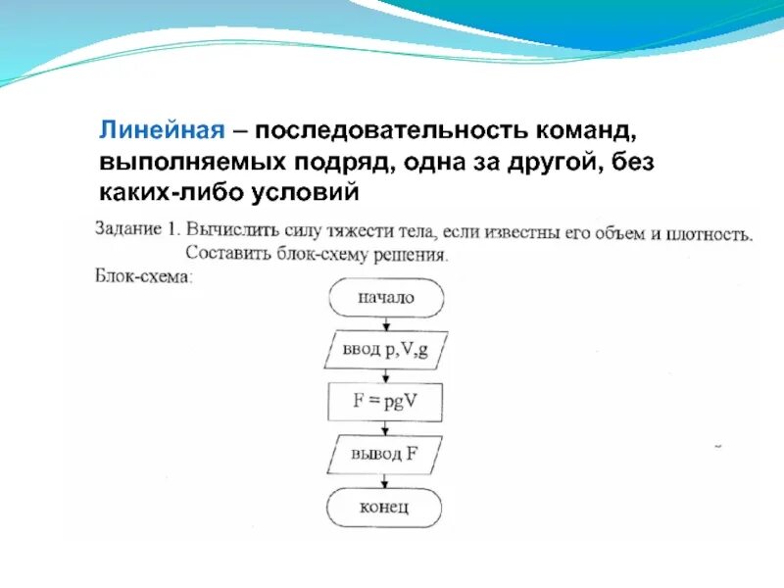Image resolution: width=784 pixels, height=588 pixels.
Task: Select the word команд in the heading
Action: click(x=579, y=130)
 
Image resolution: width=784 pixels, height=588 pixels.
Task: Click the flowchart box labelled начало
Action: click(x=385, y=299)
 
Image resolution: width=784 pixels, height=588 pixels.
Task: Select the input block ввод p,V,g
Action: click(x=385, y=350)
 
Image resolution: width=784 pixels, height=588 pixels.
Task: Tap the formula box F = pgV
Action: click(x=385, y=401)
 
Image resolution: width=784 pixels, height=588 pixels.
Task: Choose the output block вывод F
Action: click(x=385, y=454)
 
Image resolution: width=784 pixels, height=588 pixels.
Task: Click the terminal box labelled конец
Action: click(x=385, y=507)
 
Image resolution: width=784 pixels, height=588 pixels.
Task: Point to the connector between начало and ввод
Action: click(x=385, y=324)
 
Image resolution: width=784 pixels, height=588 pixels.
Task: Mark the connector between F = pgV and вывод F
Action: click(x=385, y=427)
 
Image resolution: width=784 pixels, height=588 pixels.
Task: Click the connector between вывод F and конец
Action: click(x=385, y=480)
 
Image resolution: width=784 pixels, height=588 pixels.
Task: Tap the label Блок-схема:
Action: click(x=143, y=276)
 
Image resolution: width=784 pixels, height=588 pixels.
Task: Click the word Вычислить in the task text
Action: click(x=236, y=231)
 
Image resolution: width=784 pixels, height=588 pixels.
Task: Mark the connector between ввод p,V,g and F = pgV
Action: click(x=385, y=375)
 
